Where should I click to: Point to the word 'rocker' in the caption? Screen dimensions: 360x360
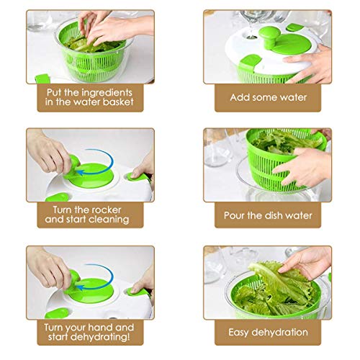(x=109, y=209)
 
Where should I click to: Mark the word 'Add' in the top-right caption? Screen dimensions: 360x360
(x=240, y=96)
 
